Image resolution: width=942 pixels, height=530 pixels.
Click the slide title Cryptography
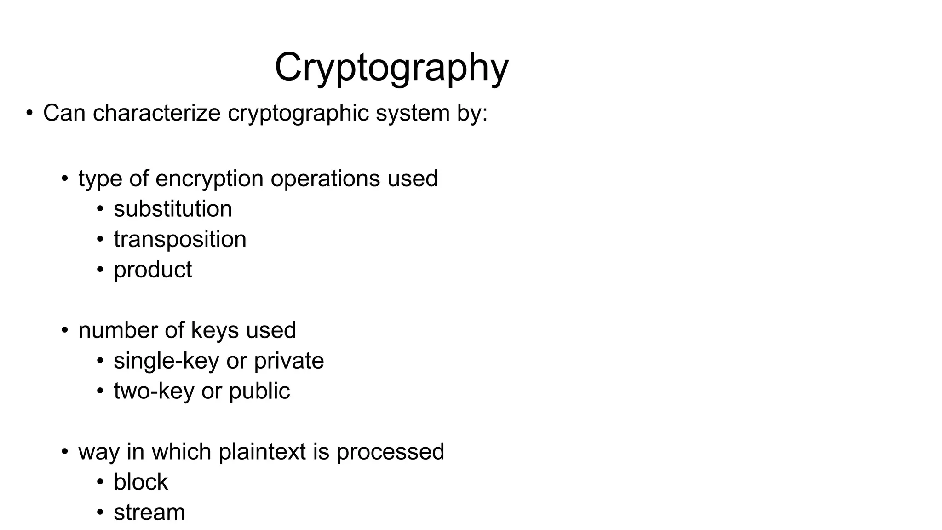click(391, 68)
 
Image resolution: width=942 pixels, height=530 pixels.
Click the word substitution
click(173, 209)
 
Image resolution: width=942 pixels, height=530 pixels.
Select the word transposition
click(180, 239)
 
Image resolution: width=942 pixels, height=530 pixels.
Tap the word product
click(153, 270)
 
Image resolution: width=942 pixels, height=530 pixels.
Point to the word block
click(141, 482)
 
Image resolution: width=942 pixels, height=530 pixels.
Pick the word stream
click(149, 513)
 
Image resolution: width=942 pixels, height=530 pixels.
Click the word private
click(289, 361)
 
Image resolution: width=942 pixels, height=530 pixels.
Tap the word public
click(259, 391)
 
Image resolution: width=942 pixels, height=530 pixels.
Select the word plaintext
click(262, 452)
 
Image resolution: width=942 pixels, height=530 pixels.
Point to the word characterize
click(156, 113)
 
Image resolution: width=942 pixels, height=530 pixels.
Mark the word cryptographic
click(298, 113)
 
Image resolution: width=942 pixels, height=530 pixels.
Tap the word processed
click(391, 452)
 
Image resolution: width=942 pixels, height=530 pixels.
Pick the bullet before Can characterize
click(29, 113)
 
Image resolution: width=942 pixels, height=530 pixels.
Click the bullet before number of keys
click(65, 330)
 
